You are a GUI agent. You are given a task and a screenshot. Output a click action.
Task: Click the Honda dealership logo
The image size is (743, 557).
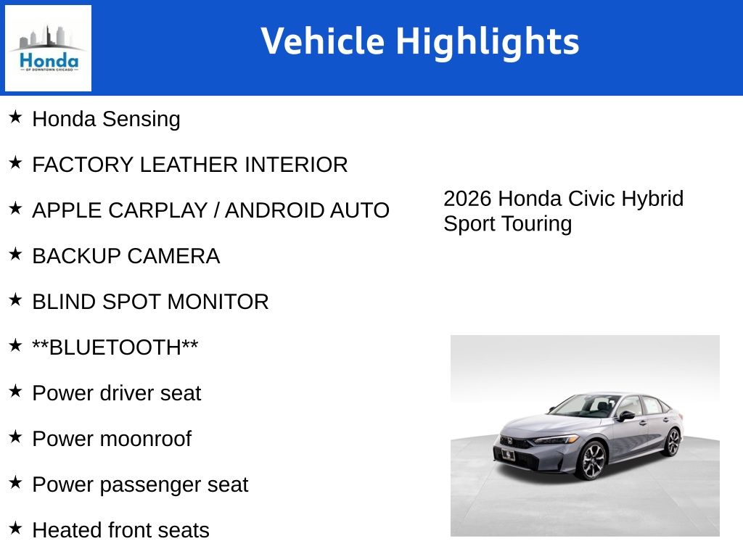pyautogui.click(x=48, y=48)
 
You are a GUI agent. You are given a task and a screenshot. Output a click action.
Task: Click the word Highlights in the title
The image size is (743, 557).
pyautogui.click(x=487, y=41)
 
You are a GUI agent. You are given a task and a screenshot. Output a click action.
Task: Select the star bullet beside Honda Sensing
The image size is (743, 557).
pyautogui.click(x=15, y=117)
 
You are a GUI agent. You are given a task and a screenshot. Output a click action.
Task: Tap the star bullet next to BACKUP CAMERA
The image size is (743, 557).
pyautogui.click(x=15, y=254)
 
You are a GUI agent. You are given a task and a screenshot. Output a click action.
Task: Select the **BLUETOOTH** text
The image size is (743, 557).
pyautogui.click(x=115, y=347)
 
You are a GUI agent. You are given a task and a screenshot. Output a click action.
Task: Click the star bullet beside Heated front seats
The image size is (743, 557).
pyautogui.click(x=15, y=528)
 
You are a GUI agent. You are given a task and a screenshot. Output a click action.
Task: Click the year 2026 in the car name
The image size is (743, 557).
pyautogui.click(x=468, y=199)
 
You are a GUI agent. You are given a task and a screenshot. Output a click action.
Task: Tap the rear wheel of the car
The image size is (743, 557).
pyautogui.click(x=673, y=441)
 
